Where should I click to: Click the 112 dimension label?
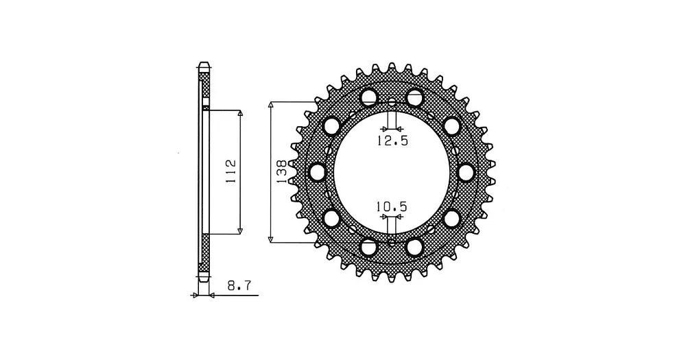[230, 171]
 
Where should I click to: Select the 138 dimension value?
[281, 171]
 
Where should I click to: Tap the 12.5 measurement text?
[392, 141]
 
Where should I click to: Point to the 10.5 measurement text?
[392, 206]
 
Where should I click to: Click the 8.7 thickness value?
[239, 286]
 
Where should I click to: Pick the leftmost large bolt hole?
[318, 172]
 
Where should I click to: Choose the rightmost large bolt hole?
[466, 172]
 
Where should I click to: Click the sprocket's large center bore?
[392, 172]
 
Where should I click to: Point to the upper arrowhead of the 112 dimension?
[240, 113]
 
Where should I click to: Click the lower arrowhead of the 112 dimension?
[240, 230]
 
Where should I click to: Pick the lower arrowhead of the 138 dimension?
[271, 239]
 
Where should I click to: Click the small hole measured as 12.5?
[392, 104]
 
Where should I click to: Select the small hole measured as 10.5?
[392, 241]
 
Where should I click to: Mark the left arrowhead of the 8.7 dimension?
[195, 296]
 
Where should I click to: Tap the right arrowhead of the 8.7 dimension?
[212, 296]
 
